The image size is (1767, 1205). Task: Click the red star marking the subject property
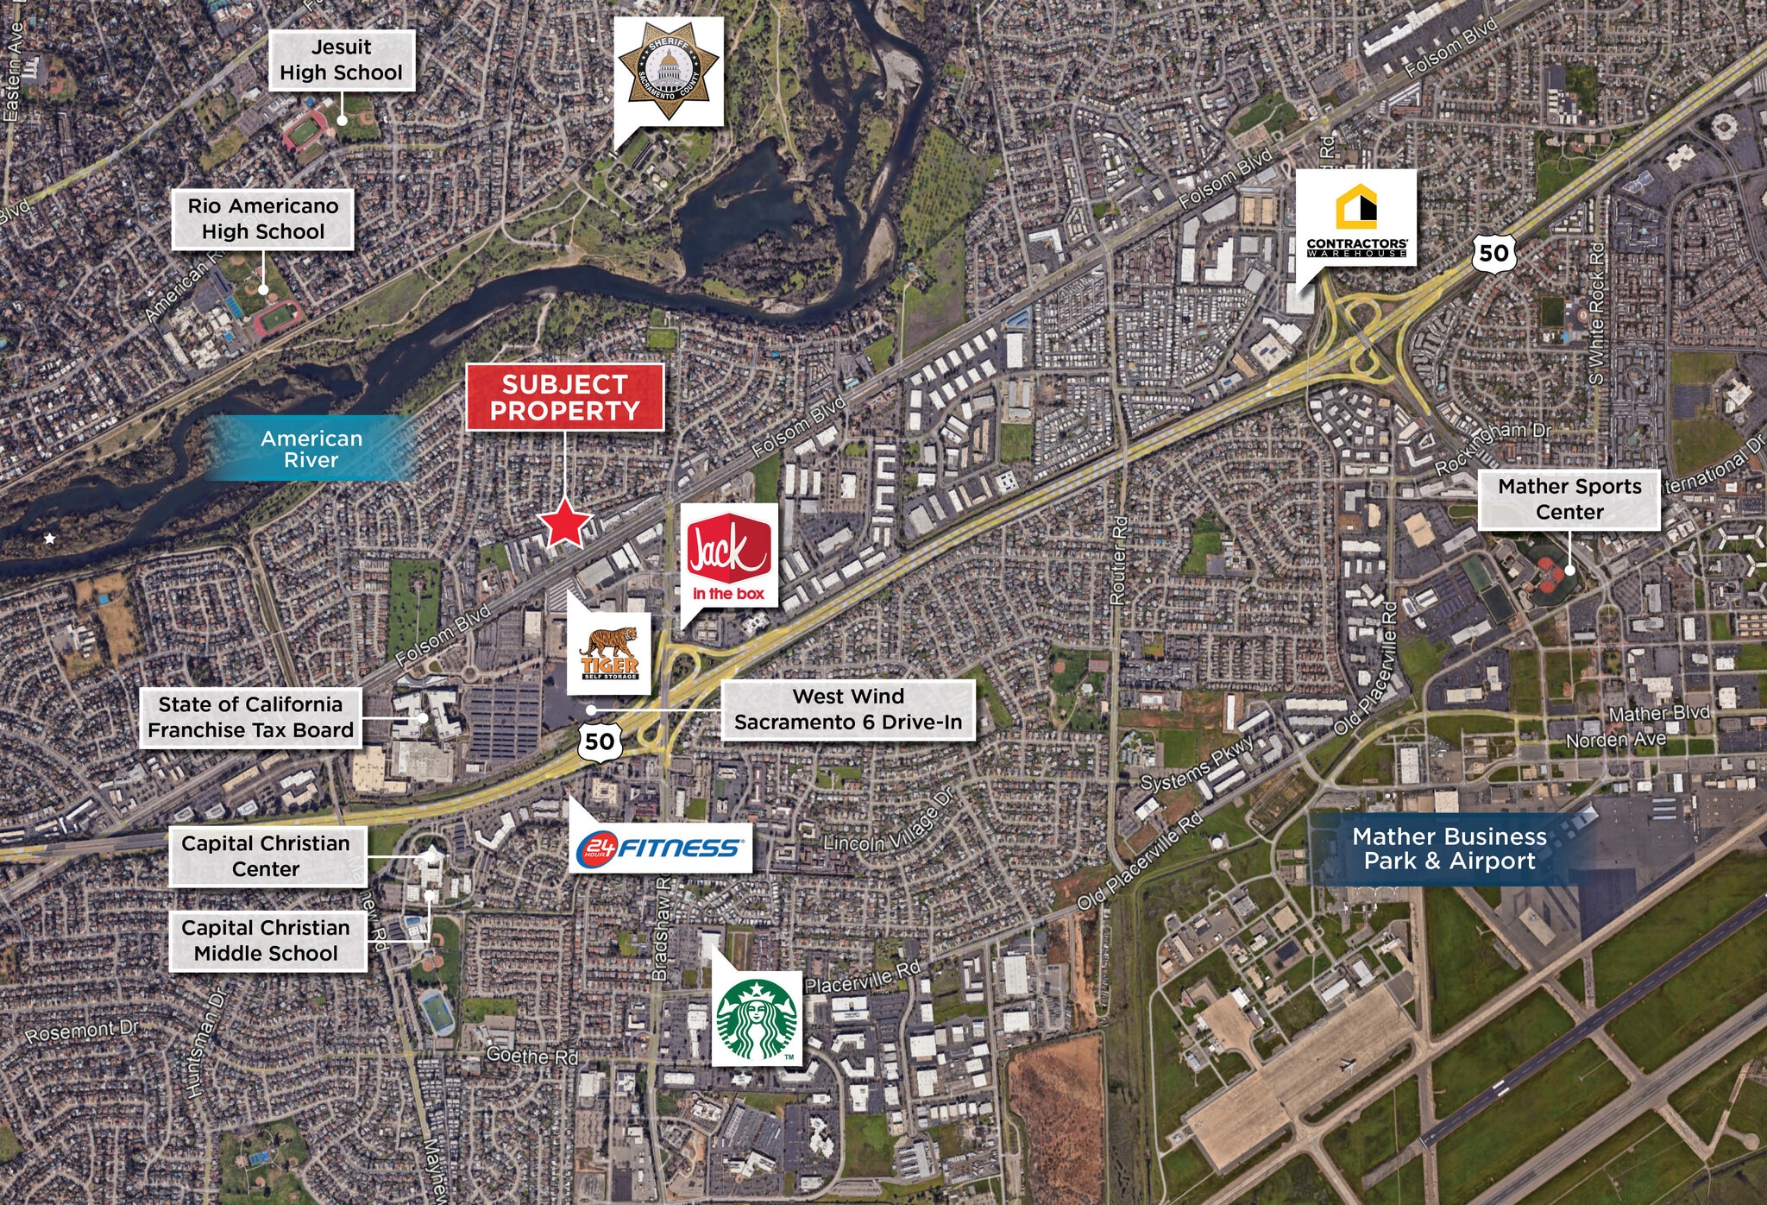pos(565,523)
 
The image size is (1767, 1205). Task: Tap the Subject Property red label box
pos(565,397)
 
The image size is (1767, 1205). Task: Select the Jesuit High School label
pos(342,60)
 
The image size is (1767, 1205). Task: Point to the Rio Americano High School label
pos(263,219)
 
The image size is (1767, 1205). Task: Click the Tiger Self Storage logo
pos(609,653)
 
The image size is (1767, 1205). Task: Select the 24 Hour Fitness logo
pos(660,847)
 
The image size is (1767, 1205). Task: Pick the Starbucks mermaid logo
pos(758,1019)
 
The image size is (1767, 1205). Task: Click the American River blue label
pos(311,449)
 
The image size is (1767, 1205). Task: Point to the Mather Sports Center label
pos(1569,499)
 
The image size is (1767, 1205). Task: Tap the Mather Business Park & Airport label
pos(1449,849)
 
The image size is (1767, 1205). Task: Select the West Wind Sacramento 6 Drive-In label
pos(848,710)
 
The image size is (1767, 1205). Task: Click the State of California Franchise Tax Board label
pos(251,717)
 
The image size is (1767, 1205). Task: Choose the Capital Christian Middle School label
pos(266,941)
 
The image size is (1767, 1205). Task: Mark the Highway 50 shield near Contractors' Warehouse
pos(1493,253)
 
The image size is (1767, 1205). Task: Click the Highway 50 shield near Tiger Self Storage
pos(600,741)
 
